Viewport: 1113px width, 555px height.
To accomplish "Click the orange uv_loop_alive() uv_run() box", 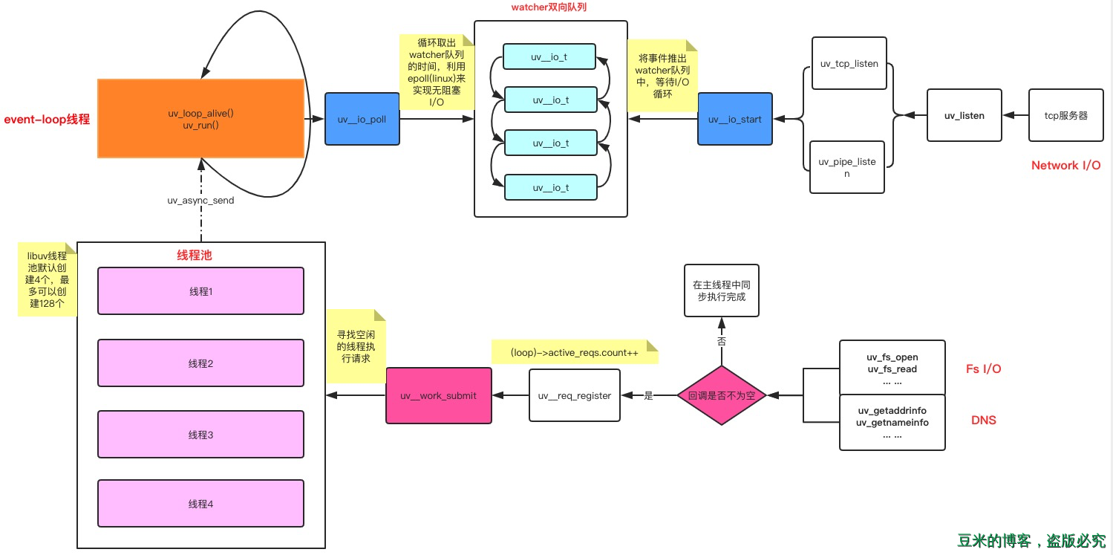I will [x=201, y=119].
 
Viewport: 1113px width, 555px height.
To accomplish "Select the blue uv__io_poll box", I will [x=362, y=119].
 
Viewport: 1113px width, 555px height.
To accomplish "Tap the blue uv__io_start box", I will [x=734, y=119].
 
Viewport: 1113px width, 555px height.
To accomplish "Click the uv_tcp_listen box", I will [x=849, y=64].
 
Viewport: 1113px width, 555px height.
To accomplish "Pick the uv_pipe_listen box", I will [x=846, y=167].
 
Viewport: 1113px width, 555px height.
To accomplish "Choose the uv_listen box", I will [x=964, y=115].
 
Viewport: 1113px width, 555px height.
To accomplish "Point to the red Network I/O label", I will [x=1065, y=166].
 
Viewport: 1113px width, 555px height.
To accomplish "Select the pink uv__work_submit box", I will [x=438, y=395].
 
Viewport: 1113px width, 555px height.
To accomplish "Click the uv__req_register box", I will [x=574, y=395].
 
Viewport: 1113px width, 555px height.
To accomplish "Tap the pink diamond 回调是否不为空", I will [x=721, y=395].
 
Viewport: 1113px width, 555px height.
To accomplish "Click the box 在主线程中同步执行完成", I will [x=721, y=291].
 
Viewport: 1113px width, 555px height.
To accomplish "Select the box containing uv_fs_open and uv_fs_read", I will [x=892, y=368].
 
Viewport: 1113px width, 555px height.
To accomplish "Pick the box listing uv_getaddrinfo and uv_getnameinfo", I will [x=892, y=422].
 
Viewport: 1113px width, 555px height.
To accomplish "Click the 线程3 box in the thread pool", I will [x=200, y=435].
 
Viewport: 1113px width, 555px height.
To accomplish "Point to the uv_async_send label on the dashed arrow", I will [x=200, y=201].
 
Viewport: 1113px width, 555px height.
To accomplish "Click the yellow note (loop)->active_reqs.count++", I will [x=574, y=352].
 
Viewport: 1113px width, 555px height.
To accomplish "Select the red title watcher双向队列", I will [x=550, y=7].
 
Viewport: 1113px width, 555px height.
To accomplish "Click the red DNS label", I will [x=983, y=421].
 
